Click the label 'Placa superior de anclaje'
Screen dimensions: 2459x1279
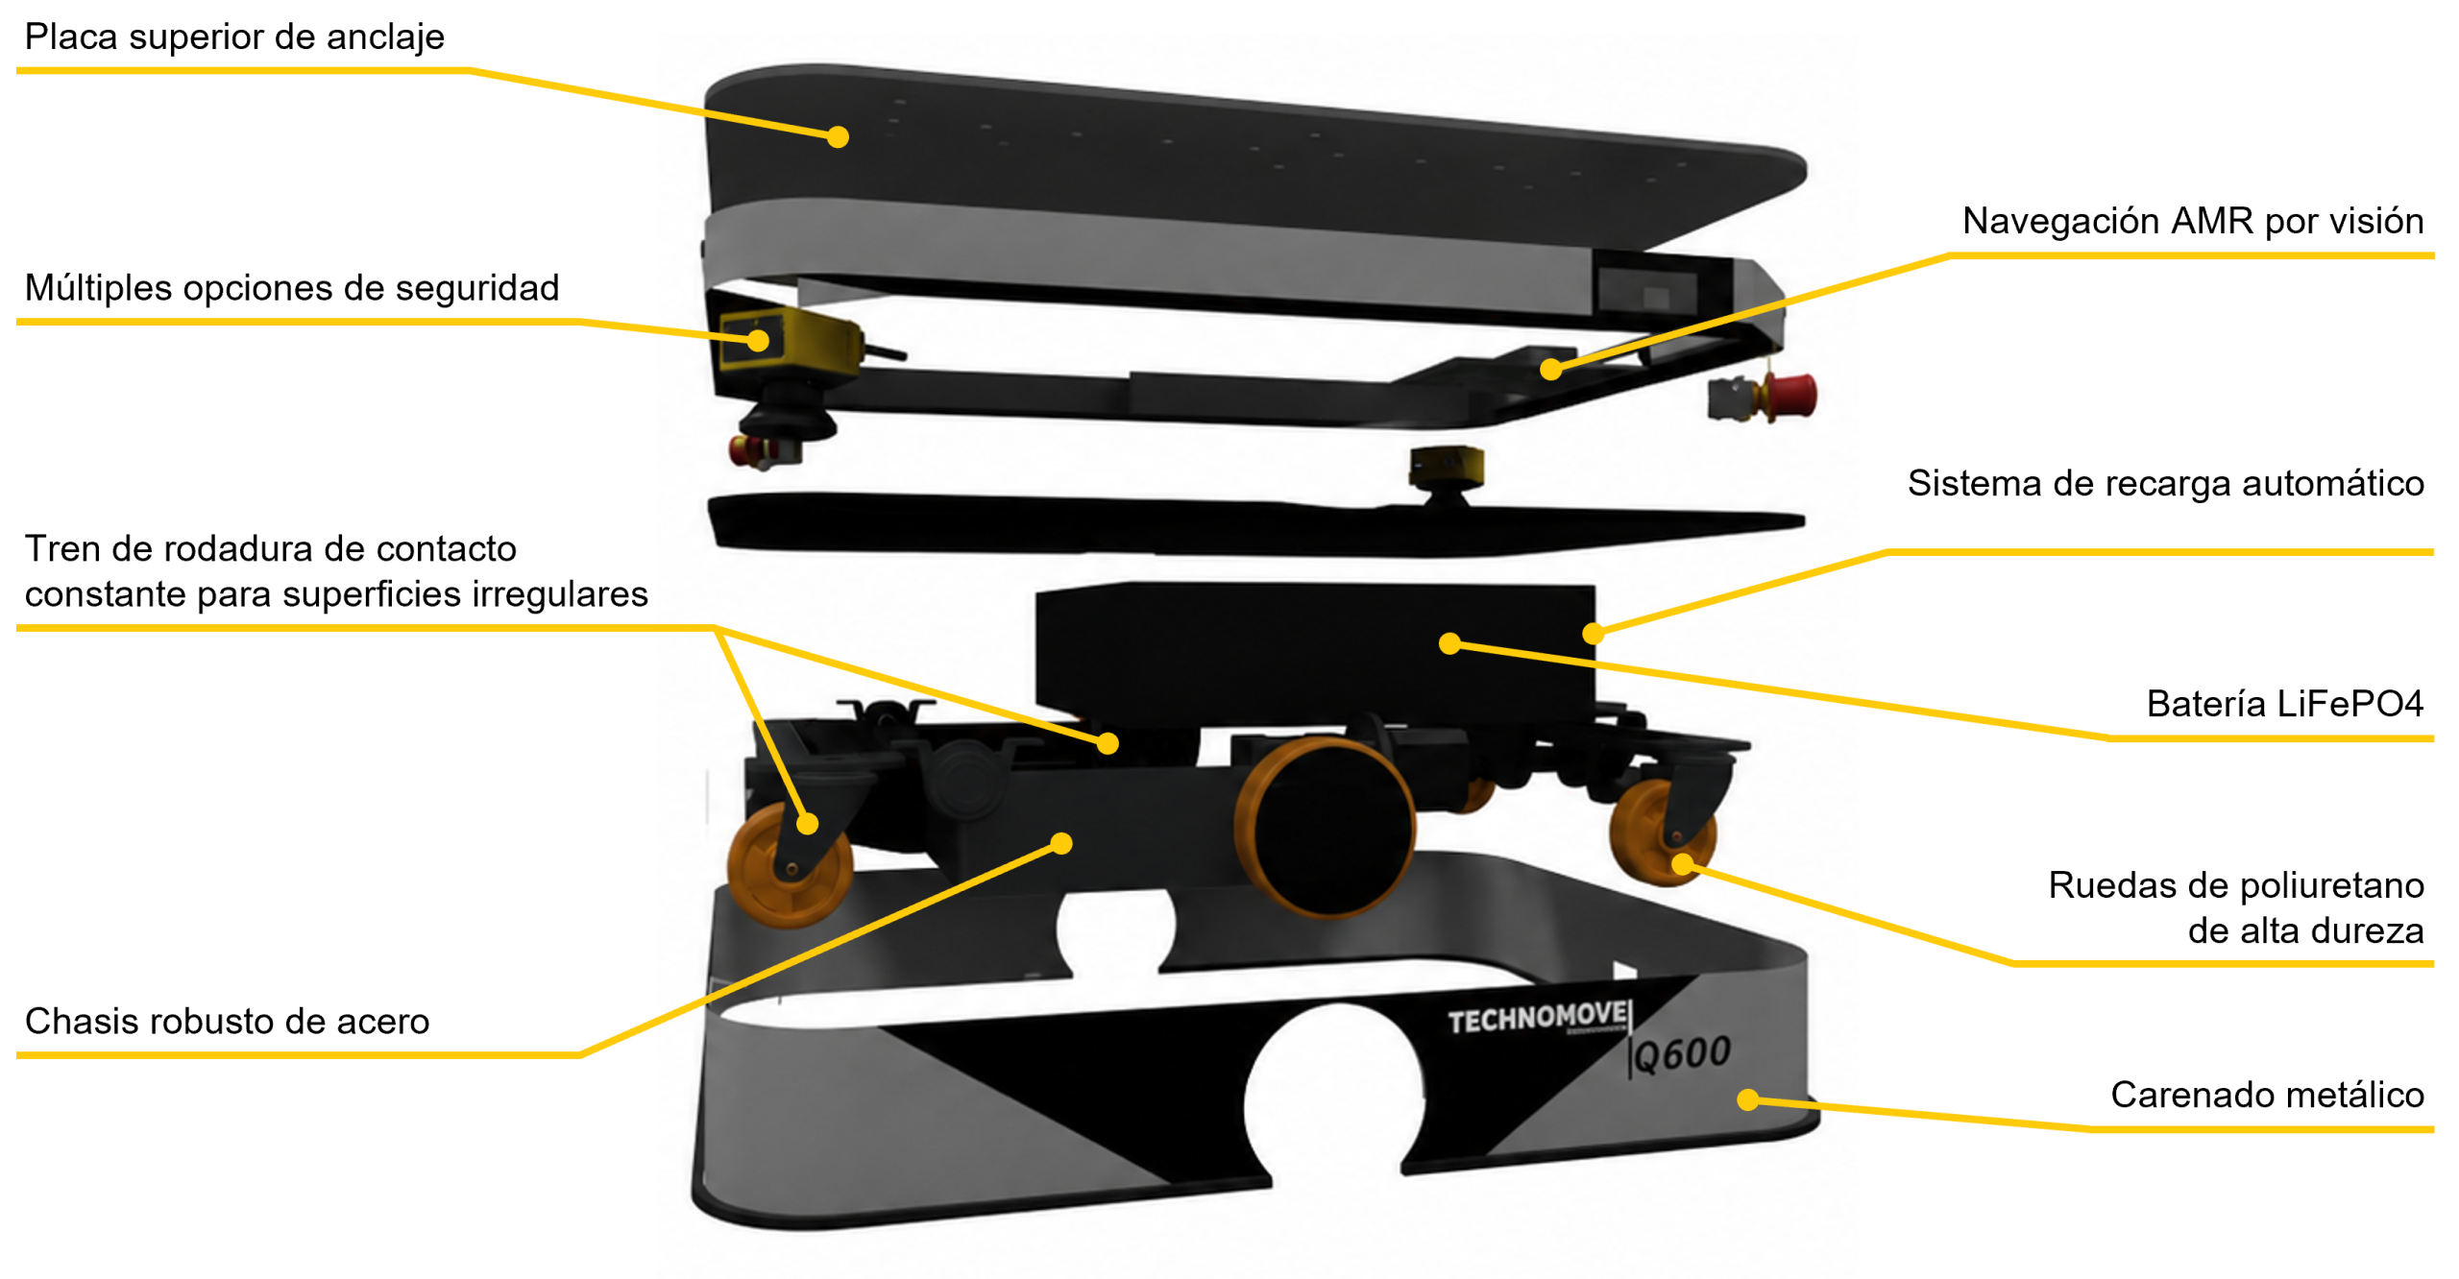[x=234, y=37]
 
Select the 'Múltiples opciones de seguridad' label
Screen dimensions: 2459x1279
[x=292, y=288]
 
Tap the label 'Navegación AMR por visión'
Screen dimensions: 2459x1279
[x=2192, y=222]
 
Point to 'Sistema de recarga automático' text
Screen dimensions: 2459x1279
[x=2165, y=483]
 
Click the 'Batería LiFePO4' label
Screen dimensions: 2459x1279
[x=2284, y=704]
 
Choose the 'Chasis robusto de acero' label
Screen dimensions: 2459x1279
[x=227, y=1021]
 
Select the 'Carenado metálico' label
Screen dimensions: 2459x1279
[x=2267, y=1095]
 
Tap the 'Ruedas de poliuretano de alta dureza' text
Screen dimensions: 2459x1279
[x=2235, y=907]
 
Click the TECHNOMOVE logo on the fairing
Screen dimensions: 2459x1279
[x=1537, y=1018]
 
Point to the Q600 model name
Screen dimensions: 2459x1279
[x=1682, y=1055]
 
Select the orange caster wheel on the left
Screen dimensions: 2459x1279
[x=790, y=865]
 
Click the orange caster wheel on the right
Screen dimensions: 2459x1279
[x=1662, y=832]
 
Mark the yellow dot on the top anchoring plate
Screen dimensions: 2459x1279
[x=838, y=137]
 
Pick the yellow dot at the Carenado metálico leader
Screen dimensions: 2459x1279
[x=1748, y=1100]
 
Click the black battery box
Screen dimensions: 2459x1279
[x=1315, y=653]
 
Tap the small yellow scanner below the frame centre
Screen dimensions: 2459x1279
[x=1447, y=466]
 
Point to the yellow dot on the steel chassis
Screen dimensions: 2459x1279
[x=1061, y=844]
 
